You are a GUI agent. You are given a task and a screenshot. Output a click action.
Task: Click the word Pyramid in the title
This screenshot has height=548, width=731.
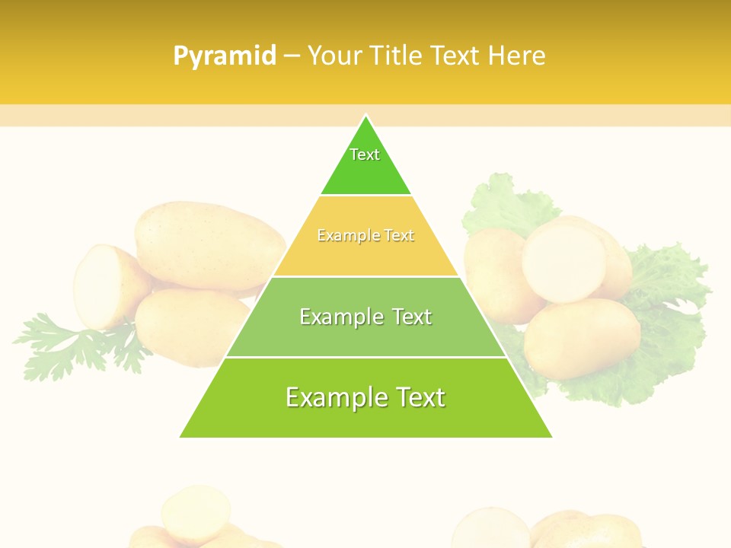(225, 56)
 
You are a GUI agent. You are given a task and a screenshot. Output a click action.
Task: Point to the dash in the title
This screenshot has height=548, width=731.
(292, 56)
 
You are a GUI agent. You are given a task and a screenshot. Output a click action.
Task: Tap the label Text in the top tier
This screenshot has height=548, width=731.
(365, 155)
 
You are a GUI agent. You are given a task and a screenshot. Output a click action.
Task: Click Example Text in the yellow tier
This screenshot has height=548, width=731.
(365, 236)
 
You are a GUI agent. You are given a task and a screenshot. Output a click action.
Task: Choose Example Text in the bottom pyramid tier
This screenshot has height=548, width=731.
(365, 397)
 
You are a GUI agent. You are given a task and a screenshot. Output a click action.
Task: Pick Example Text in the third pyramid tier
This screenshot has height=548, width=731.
(365, 317)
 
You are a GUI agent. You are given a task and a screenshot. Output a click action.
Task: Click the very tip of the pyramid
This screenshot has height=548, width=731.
(365, 117)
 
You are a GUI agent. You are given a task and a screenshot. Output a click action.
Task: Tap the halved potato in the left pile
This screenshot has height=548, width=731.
(103, 285)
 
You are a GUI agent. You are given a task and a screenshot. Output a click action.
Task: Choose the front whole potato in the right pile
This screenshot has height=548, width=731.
(583, 339)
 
